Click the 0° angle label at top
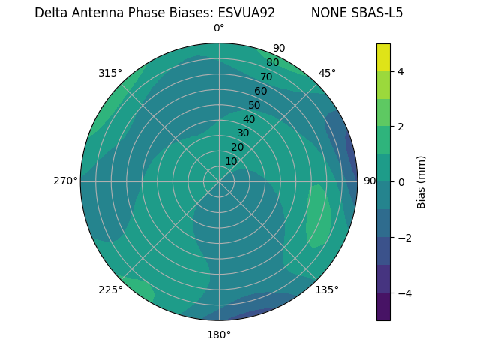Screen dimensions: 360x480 [219, 28]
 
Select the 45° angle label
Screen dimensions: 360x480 [327, 73]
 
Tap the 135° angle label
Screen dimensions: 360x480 [327, 289]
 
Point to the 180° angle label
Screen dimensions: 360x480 [219, 334]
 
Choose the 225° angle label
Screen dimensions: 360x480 [110, 289]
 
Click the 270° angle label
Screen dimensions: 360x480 [65, 181]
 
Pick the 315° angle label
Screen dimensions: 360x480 [110, 73]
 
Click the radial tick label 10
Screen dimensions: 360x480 [231, 161]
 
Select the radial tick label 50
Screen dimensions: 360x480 [254, 105]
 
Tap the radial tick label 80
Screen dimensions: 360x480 [272, 62]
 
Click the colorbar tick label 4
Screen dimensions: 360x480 [401, 71]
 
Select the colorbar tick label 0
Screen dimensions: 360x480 [401, 182]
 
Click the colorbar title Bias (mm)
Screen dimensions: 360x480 [421, 182]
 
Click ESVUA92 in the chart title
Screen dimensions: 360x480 [247, 13]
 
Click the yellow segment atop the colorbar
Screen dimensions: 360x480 [383, 57]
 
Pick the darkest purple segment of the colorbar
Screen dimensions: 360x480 [383, 307]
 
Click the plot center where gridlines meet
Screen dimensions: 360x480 [219, 181]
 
